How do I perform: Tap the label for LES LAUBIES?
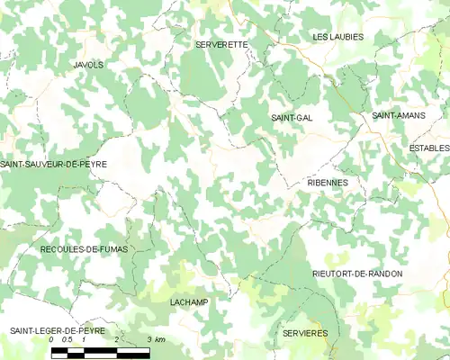(x=337, y=37)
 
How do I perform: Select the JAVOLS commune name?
(x=88, y=65)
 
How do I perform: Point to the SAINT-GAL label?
(x=292, y=118)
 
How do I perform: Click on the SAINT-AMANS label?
(x=400, y=116)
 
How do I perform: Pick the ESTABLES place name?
(x=428, y=148)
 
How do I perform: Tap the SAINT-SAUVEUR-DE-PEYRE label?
(x=54, y=164)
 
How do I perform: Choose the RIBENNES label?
(x=328, y=182)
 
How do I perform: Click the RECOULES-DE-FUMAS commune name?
(x=84, y=247)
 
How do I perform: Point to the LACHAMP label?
(x=188, y=301)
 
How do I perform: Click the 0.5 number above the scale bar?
(x=67, y=340)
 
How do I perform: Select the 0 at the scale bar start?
(x=52, y=340)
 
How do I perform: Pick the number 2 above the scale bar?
(x=116, y=340)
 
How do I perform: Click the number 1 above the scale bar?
(x=84, y=340)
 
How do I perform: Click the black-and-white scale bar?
(x=100, y=352)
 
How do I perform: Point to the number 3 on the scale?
(x=148, y=340)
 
